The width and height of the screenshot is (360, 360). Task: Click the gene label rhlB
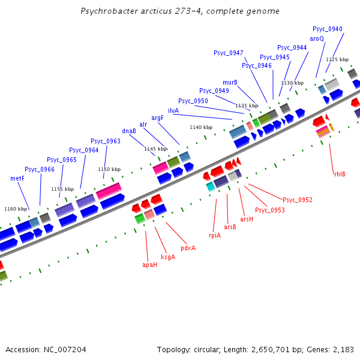[340, 174]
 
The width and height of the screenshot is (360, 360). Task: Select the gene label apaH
[149, 265]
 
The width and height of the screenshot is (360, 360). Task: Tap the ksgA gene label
[168, 257]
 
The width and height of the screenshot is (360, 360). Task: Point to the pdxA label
[188, 248]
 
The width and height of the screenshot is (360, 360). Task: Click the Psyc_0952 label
[298, 200]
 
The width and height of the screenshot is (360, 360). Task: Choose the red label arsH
[247, 220]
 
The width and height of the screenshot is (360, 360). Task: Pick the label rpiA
[215, 235]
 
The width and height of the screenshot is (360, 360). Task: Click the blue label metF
[17, 178]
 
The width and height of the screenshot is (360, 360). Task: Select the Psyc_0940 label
[328, 29]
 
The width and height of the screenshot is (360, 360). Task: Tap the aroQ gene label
[317, 38]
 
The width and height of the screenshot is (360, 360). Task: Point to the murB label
[230, 82]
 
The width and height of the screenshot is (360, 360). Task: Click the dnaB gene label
[129, 131]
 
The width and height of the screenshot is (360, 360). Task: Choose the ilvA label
[173, 110]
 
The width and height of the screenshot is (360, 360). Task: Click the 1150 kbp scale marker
[109, 169]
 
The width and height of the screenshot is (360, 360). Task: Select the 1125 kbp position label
[337, 59]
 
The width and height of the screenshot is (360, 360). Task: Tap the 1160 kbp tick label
[16, 209]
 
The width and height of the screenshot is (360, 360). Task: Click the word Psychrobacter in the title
[111, 11]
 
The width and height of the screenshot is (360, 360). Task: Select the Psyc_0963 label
[106, 141]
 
